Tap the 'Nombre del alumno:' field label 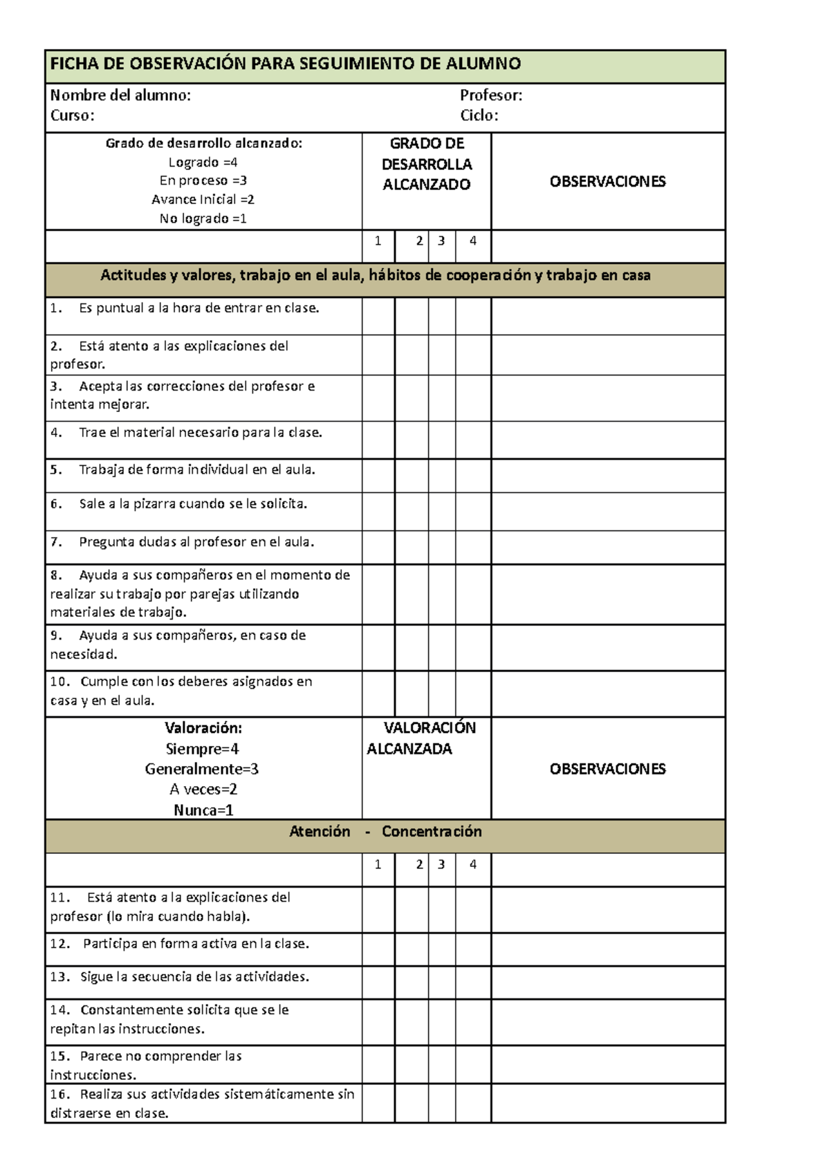tap(120, 95)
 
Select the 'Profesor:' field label tap(491, 95)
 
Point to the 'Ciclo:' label tap(479, 115)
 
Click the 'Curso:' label tap(72, 115)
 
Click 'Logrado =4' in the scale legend tap(203, 162)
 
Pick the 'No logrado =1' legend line tap(203, 218)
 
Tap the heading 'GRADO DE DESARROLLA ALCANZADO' tap(427, 165)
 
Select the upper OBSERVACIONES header tap(607, 182)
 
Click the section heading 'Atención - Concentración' tap(385, 832)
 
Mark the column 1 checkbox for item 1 tap(378, 316)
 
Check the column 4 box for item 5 tap(473, 475)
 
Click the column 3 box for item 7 tap(441, 547)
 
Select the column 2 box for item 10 tap(412, 693)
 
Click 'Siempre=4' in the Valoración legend tap(203, 749)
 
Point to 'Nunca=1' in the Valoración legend tap(203, 810)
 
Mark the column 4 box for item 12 tap(473, 949)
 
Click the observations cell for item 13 tap(608, 982)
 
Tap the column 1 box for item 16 tap(378, 1103)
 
